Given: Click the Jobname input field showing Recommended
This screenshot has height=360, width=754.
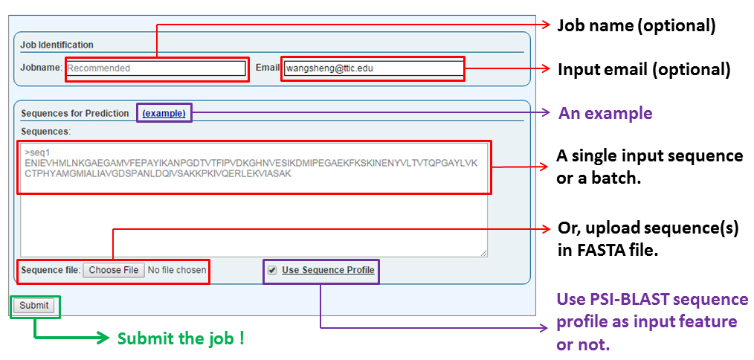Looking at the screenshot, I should pos(156,68).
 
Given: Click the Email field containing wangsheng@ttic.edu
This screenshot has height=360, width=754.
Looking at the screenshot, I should pos(372,68).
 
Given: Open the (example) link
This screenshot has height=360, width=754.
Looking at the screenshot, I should pos(164,113).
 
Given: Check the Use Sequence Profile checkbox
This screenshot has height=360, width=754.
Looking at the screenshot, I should pos(272,270).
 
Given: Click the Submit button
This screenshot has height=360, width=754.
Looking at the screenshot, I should pos(33,306).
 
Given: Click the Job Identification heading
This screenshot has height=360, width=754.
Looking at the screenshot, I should pos(57,45).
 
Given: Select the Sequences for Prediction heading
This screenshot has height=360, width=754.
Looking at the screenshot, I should pos(74,114).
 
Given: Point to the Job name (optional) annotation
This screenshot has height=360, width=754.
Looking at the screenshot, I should pos(636,26).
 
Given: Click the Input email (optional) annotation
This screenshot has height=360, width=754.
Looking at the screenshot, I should pos(644,70).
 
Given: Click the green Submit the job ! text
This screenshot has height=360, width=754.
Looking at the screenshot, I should pos(181,338).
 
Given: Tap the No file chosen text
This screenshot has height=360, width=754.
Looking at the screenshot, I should pos(177,270).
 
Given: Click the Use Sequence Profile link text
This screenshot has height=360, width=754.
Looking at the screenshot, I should pos(328,270).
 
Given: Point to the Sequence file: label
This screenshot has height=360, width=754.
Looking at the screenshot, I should pos(51,270).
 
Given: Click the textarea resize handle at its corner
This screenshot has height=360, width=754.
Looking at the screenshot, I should pos(483,253).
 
